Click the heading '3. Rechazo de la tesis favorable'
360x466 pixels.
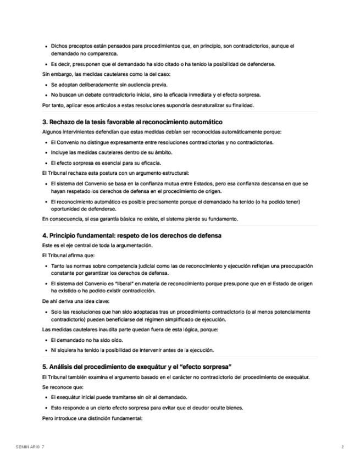(x=132, y=121)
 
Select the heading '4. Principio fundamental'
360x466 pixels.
(x=131, y=235)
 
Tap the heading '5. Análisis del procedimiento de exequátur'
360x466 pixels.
(x=136, y=366)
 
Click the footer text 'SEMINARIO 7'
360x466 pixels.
(x=30, y=447)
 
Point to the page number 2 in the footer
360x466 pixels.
(x=342, y=447)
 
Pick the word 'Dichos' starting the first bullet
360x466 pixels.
(x=59, y=46)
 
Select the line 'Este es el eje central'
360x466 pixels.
(x=97, y=245)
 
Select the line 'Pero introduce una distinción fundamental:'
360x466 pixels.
(x=92, y=418)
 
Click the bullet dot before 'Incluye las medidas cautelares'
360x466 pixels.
(x=46, y=153)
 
